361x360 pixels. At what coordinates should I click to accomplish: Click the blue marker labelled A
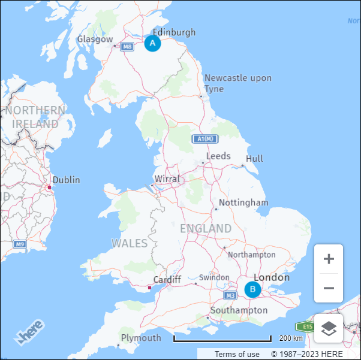click(152, 43)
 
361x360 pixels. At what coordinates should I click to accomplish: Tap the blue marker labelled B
click(252, 290)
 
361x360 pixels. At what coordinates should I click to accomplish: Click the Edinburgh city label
click(174, 32)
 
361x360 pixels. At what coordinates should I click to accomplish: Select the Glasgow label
click(95, 40)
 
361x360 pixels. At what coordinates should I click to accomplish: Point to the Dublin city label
click(66, 180)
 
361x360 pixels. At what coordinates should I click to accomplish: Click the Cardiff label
click(167, 280)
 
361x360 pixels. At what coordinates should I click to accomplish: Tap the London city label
click(272, 277)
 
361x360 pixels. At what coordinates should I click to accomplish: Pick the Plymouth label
click(141, 338)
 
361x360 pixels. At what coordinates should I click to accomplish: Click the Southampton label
click(239, 310)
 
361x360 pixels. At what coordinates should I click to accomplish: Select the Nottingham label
click(243, 202)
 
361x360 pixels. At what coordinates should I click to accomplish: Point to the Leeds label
click(218, 156)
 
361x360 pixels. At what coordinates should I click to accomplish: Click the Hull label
click(254, 159)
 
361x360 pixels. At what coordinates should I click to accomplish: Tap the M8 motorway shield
click(127, 47)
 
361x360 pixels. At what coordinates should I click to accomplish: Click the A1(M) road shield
click(205, 139)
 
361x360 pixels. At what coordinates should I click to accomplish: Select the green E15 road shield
click(305, 326)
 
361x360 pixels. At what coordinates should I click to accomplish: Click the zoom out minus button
click(329, 288)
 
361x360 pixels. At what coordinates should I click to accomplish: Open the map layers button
click(329, 328)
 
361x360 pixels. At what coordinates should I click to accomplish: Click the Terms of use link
click(237, 354)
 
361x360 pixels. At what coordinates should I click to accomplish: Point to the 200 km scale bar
click(222, 339)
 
